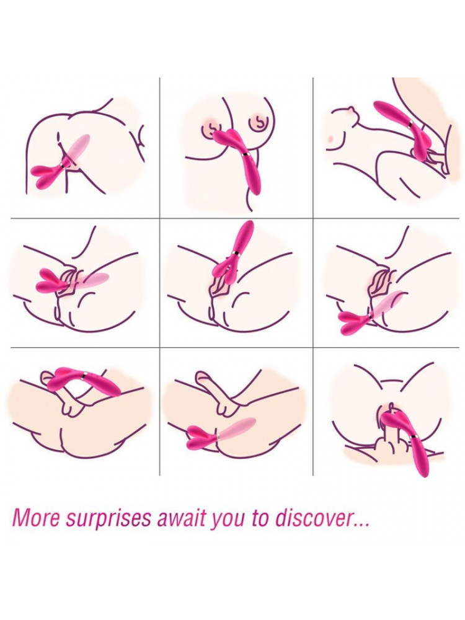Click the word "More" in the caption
pyautogui.click(x=36, y=519)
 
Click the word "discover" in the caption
pyautogui.click(x=313, y=519)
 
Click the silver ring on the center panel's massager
pyautogui.click(x=236, y=253)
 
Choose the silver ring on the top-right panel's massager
pyautogui.click(x=411, y=124)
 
